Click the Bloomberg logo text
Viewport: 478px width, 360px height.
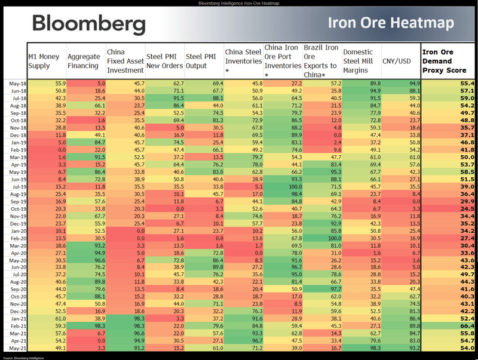click(x=88, y=24)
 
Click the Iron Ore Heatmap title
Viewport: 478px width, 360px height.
click(x=390, y=24)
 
